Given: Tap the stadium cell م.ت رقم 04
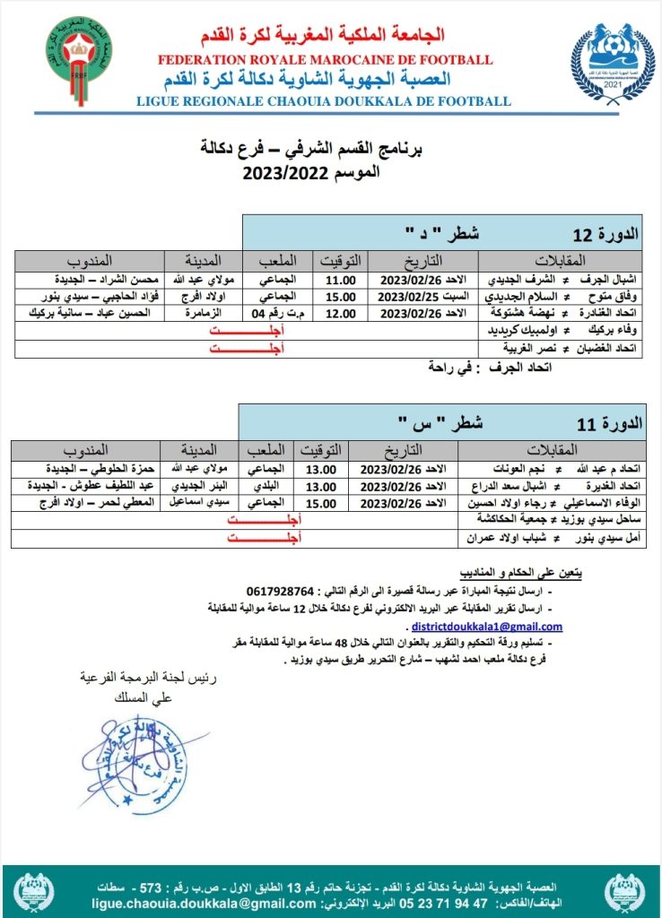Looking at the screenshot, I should click(x=271, y=314).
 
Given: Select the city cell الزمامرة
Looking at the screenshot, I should click(x=203, y=314).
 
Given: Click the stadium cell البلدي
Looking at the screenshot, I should click(x=271, y=486).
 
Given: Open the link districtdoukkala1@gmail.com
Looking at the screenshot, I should click(x=487, y=627).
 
